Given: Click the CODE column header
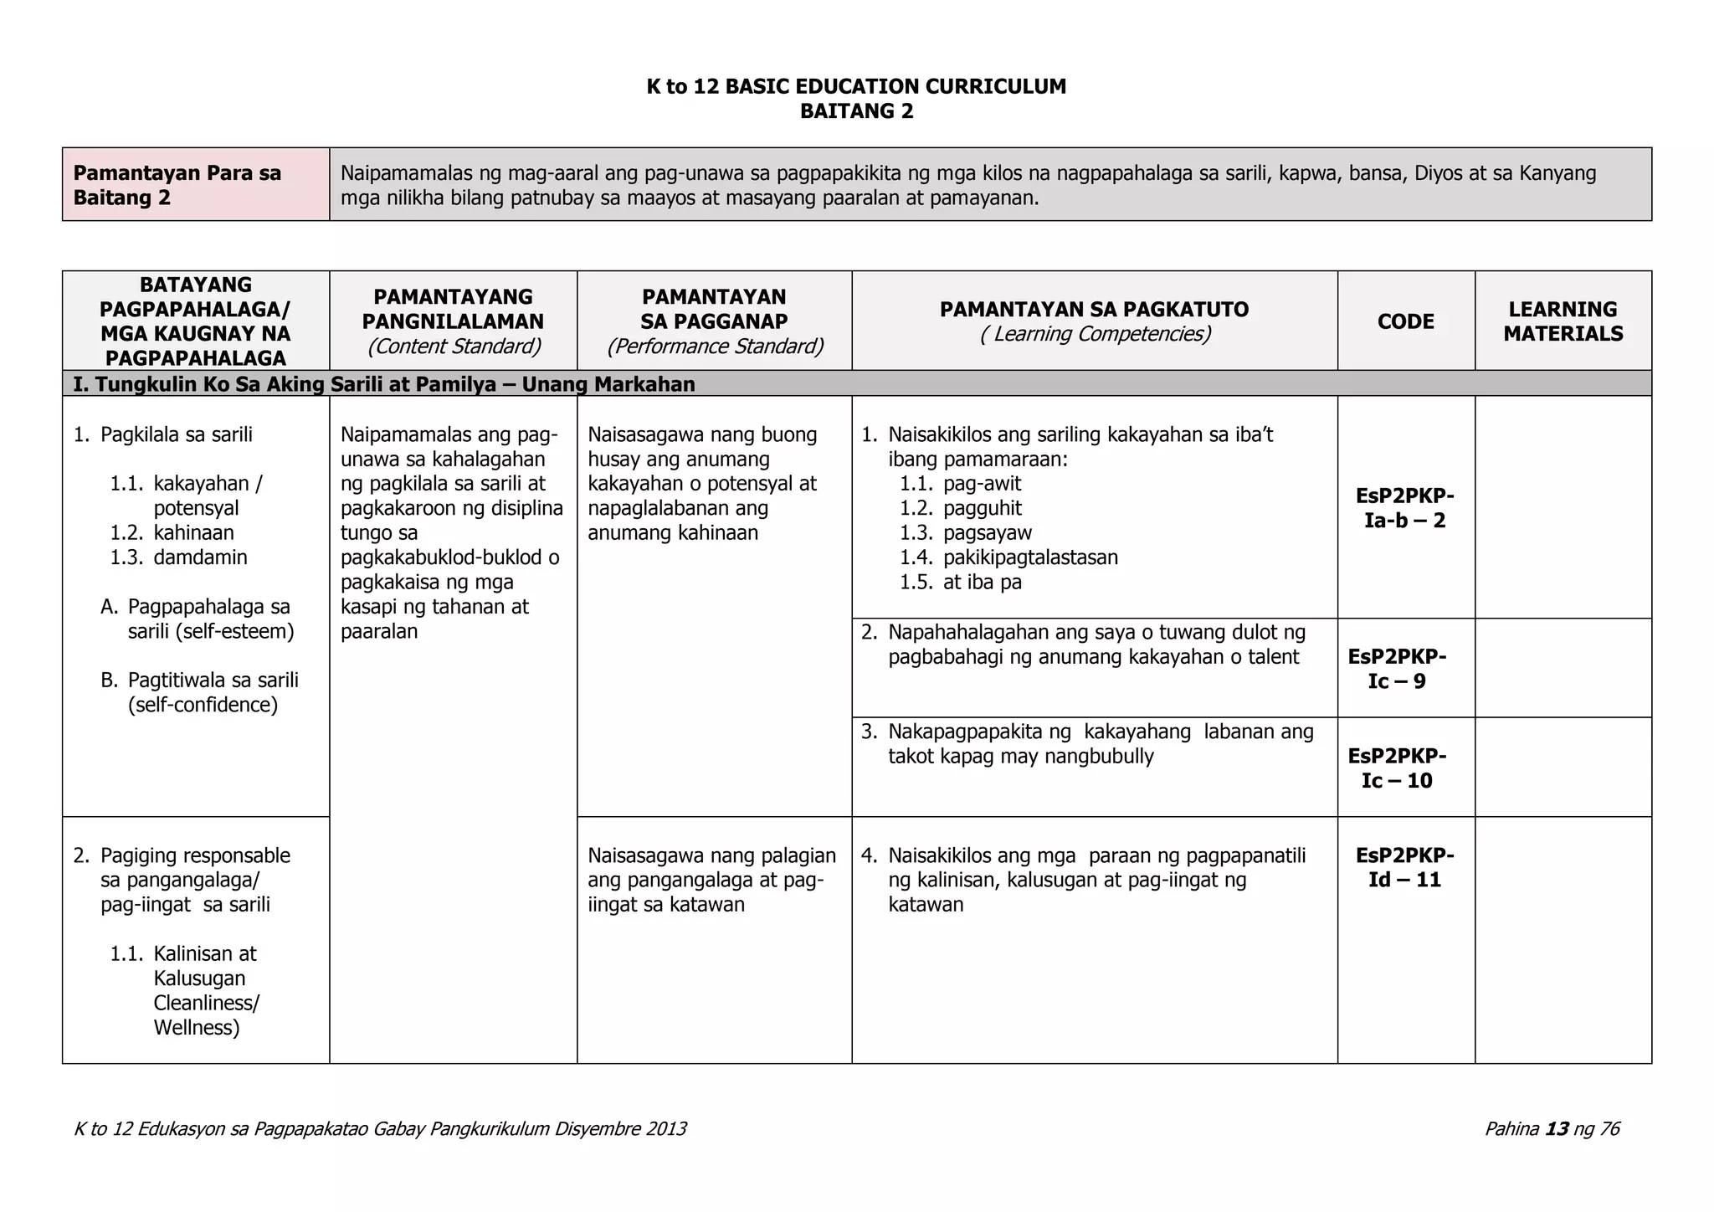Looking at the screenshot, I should click(x=1405, y=321).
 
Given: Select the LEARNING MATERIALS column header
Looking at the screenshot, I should click(x=1563, y=321).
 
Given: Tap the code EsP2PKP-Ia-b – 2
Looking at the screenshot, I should click(x=1405, y=508).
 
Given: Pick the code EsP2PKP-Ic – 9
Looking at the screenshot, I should click(x=1397, y=668).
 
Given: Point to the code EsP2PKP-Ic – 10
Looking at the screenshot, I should click(x=1397, y=768).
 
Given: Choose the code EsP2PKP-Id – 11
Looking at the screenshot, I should click(x=1405, y=867).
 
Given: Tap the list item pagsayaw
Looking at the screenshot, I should click(x=987, y=533).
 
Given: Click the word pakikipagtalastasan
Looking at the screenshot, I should click(x=1030, y=557).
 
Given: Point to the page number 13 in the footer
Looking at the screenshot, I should click(x=1557, y=1129).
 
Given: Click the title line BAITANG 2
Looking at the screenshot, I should click(x=856, y=111).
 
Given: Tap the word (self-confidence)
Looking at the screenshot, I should click(x=203, y=705).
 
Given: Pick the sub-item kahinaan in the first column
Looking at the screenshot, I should click(x=193, y=533).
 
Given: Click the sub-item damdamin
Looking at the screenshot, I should click(x=200, y=557).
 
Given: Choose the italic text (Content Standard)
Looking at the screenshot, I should click(x=454, y=346).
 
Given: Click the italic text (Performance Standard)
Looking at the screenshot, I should click(x=715, y=346).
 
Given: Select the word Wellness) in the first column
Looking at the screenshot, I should click(x=196, y=1028).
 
